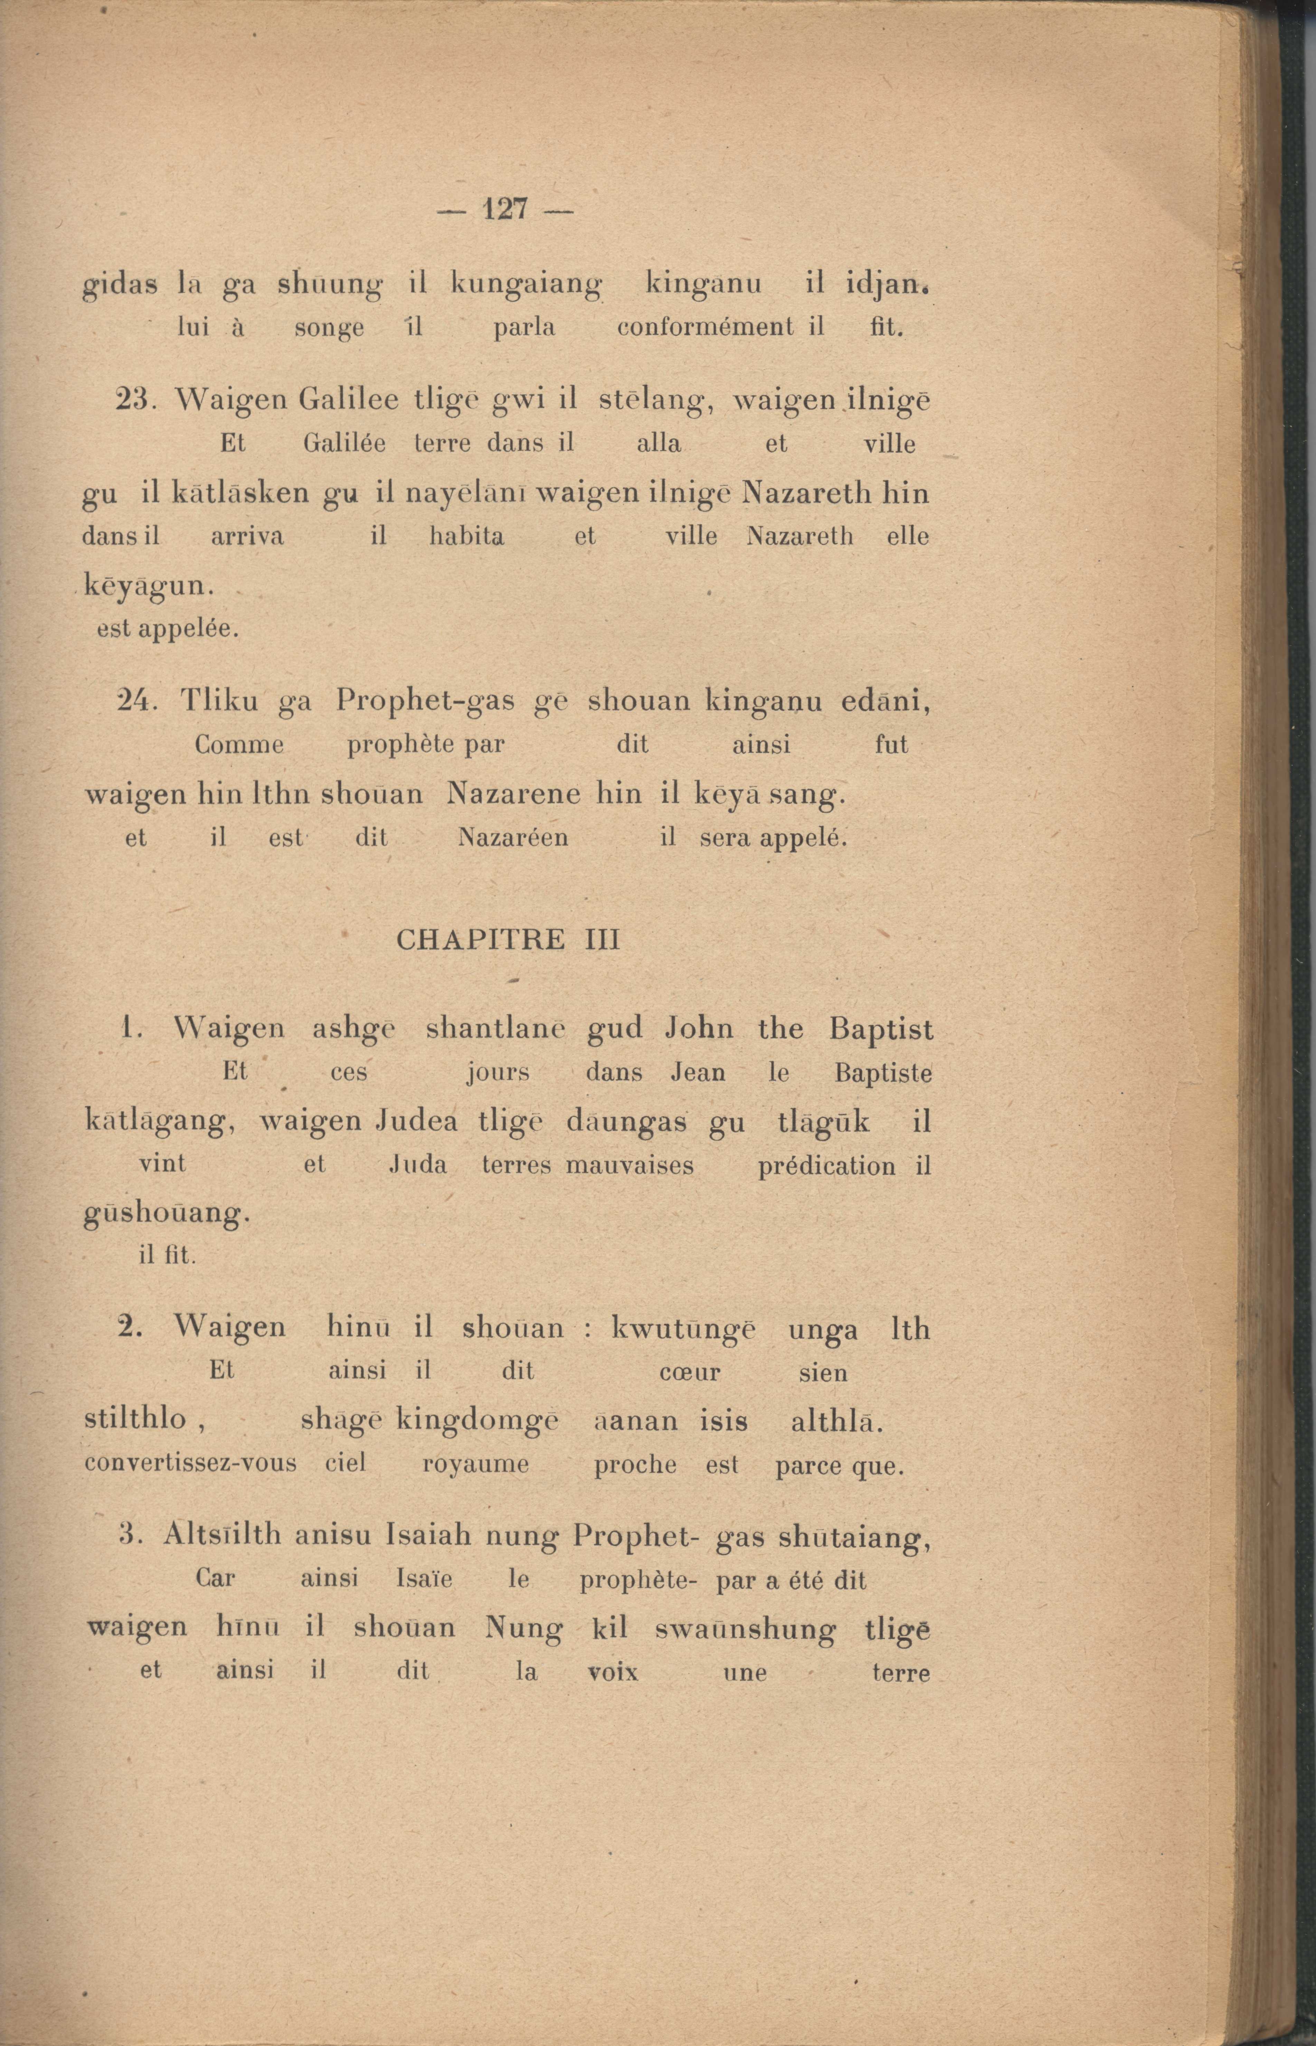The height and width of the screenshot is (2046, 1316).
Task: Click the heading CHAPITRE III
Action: coord(508,940)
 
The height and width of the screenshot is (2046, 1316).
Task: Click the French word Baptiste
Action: coord(883,1073)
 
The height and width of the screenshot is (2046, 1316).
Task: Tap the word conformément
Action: coord(704,327)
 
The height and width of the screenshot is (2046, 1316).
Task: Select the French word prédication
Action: coord(826,1166)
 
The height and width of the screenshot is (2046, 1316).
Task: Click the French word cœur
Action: coord(690,1373)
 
